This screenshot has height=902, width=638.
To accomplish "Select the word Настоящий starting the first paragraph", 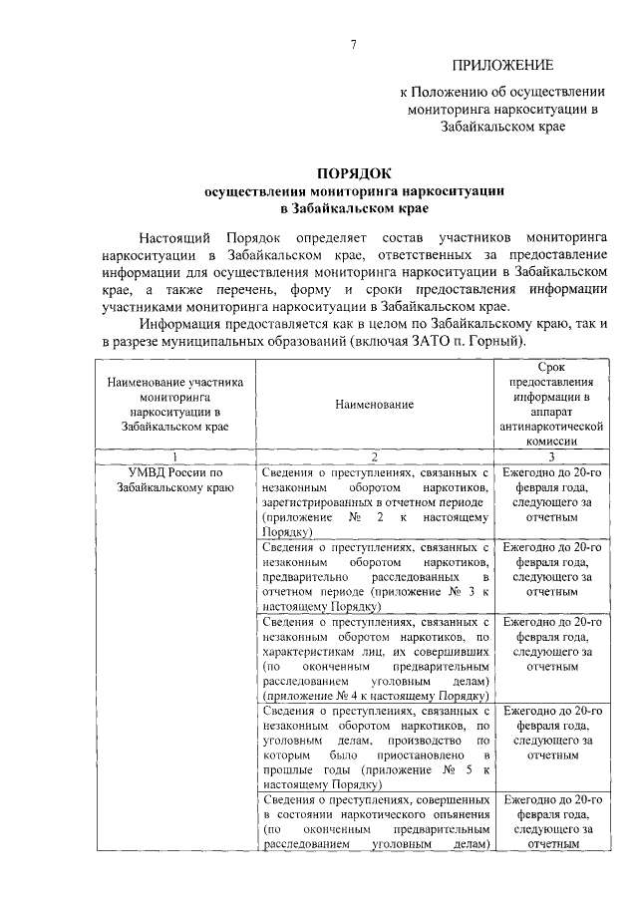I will (175, 239).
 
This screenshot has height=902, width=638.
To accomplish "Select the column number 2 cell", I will (374, 455).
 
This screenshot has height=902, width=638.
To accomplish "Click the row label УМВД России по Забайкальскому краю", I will (173, 480).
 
